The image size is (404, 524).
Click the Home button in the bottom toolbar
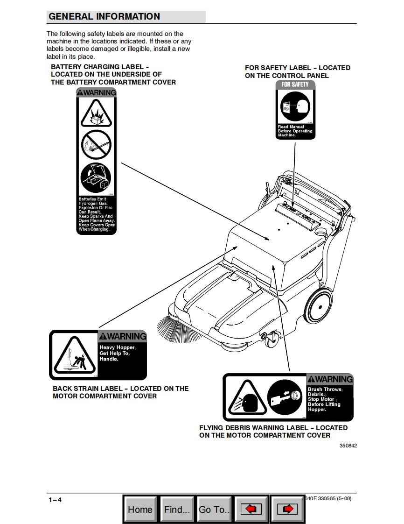[140, 510]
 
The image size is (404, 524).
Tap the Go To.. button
[214, 510]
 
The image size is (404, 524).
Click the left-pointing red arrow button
[251, 510]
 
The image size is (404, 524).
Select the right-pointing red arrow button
[287, 510]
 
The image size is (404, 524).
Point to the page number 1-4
[55, 500]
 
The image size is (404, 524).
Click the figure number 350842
[348, 446]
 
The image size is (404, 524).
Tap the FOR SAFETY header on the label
[295, 85]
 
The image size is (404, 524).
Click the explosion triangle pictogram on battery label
[96, 113]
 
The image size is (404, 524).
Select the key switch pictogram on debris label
[286, 397]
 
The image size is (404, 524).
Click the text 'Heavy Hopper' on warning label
[117, 348]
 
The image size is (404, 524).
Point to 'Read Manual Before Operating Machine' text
[294, 131]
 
